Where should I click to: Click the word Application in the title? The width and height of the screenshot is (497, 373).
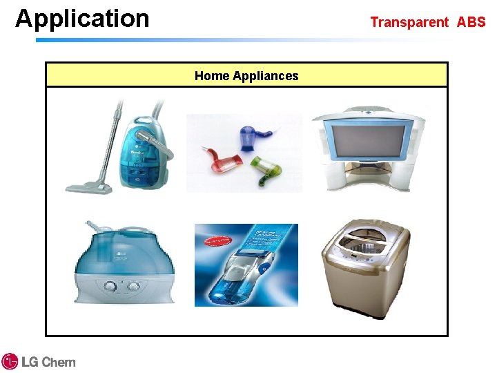pos(82,19)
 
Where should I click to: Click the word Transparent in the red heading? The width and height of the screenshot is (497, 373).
pos(409,22)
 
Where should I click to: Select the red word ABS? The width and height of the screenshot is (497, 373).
pos(471,22)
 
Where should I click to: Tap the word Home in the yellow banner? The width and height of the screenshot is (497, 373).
pos(211,76)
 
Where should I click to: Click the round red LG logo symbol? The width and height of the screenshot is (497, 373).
pos(10,361)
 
